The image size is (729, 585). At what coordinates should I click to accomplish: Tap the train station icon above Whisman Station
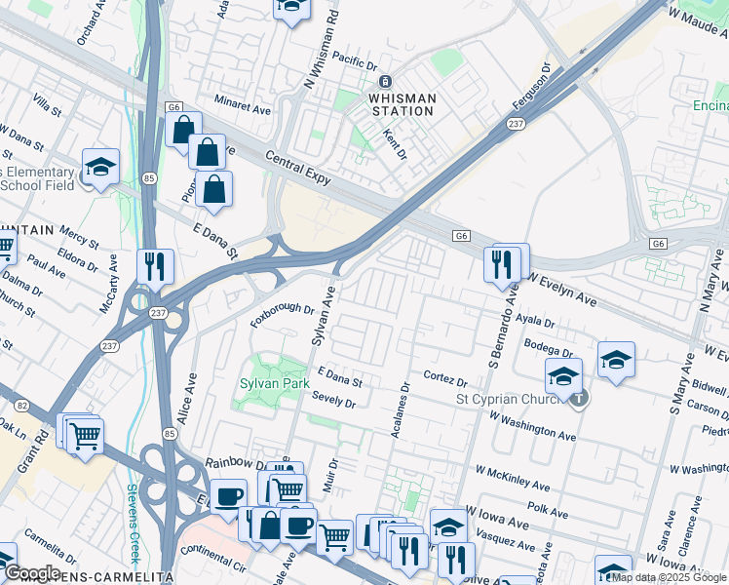point(386,82)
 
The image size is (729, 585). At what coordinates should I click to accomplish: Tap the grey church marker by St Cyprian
point(580,398)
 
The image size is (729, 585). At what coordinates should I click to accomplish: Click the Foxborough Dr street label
point(282,315)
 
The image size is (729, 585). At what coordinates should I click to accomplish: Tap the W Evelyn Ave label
point(564,287)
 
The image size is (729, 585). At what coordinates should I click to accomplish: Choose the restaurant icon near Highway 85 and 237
point(155,265)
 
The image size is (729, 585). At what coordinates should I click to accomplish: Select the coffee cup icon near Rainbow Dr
point(228,496)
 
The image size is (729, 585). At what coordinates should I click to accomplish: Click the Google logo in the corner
point(31,572)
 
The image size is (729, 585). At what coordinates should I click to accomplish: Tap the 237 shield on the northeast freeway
point(517,124)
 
